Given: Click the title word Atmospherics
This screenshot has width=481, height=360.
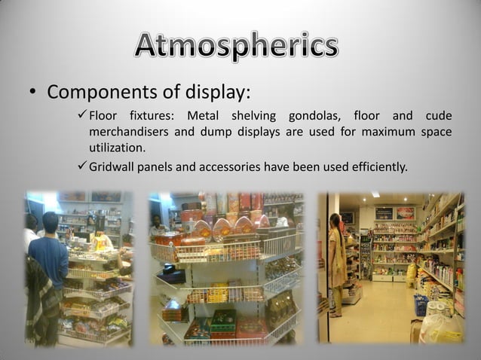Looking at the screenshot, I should pyautogui.click(x=237, y=47).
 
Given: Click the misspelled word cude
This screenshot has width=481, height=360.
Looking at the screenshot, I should pyautogui.click(x=438, y=116).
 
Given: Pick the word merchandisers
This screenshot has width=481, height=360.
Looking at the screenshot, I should pyautogui.click(x=127, y=132).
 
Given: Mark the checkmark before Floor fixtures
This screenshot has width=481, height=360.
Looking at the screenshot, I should pyautogui.click(x=82, y=116).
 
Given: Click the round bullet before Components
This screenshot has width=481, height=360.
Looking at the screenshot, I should pyautogui.click(x=32, y=93).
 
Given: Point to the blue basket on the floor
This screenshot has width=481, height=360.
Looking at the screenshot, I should pyautogui.click(x=420, y=304).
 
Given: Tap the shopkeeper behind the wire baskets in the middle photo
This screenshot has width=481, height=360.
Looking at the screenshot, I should pyautogui.click(x=156, y=224).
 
